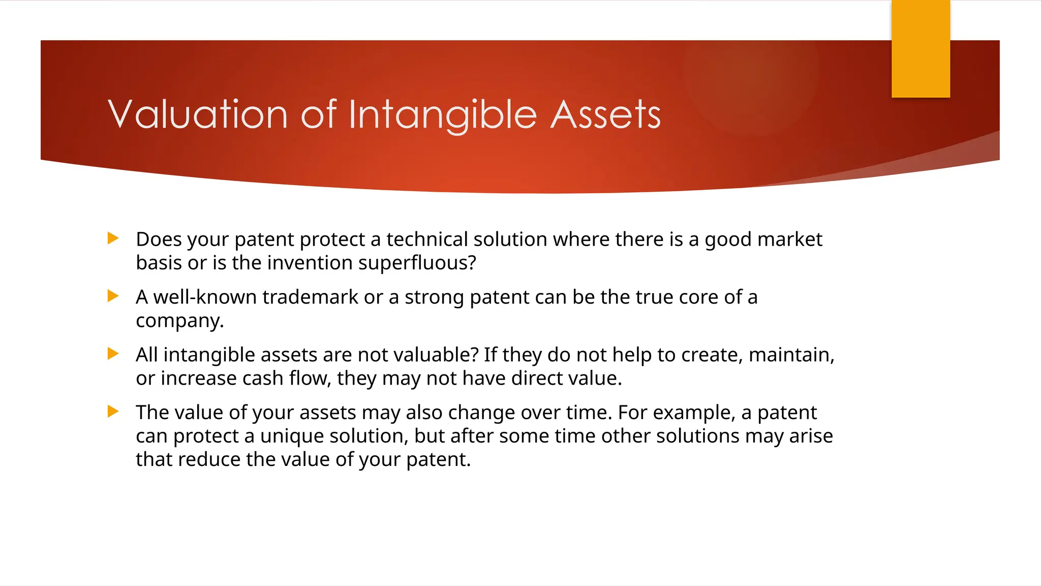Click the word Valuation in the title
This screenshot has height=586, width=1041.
[x=198, y=114]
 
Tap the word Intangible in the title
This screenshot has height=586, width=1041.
[x=443, y=114]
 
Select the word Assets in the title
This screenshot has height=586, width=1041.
[x=605, y=114]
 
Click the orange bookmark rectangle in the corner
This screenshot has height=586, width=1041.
[x=921, y=48]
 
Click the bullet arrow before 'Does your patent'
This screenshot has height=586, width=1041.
[x=113, y=238]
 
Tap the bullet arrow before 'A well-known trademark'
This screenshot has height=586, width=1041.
[x=113, y=296]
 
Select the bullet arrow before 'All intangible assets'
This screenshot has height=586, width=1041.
[x=113, y=354]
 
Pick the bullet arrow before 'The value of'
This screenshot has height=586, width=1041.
[x=113, y=411]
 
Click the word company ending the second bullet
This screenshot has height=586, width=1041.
[x=179, y=321]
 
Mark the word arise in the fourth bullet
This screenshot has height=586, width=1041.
[x=811, y=436]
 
